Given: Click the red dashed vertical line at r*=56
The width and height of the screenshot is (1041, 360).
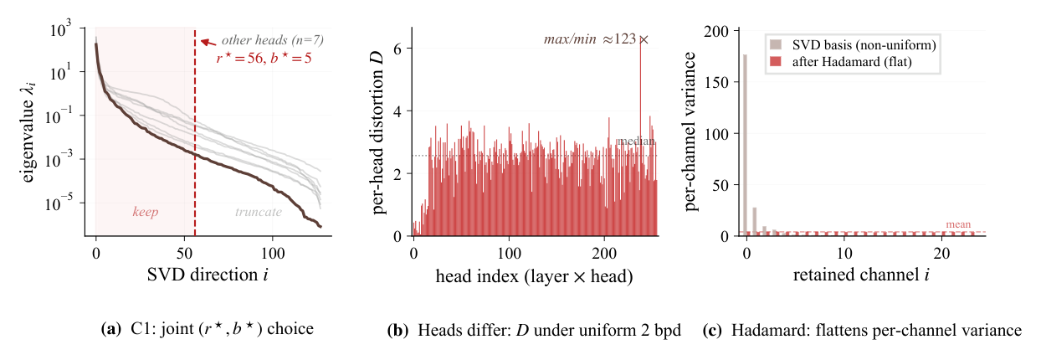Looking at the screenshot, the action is point(195,133).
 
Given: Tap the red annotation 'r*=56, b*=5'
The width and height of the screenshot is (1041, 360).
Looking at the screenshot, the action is point(264,59).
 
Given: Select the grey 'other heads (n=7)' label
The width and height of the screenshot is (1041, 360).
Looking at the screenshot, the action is point(272,40).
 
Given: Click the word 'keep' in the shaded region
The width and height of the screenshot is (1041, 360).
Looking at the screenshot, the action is point(146,212).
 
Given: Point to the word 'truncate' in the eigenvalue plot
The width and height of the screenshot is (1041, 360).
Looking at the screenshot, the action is point(259,212).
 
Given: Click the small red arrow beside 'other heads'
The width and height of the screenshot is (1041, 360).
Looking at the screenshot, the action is point(208,43).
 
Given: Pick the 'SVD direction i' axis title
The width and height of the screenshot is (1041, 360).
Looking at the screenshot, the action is point(208,275).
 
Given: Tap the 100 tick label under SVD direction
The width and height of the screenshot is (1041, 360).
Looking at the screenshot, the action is point(272,254).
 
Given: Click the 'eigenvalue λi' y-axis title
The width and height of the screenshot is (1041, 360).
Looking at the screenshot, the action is point(28,132).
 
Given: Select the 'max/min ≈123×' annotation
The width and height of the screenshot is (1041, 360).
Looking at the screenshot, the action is point(596,39).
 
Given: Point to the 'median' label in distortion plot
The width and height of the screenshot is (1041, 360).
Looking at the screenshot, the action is point(635,141).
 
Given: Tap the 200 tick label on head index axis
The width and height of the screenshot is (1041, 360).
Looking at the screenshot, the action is point(604,254).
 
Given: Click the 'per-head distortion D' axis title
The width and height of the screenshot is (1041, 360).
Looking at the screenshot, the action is point(379,132).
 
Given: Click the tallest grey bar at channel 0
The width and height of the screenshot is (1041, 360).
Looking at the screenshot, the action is point(745,145).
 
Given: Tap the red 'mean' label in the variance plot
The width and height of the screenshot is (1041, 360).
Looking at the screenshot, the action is point(958,224).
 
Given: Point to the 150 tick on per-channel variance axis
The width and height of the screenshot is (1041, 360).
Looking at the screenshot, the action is point(718,82).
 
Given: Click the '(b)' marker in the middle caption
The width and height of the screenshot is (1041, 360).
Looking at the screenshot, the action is point(397,330).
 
